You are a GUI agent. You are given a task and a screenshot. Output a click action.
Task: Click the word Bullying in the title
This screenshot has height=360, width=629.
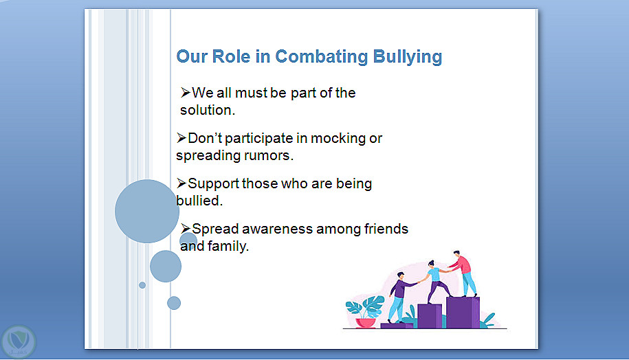coord(407,57)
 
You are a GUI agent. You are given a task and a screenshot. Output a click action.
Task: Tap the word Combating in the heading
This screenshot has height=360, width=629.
coord(321,57)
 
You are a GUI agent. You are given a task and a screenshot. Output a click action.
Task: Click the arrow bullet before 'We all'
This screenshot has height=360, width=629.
coord(186,93)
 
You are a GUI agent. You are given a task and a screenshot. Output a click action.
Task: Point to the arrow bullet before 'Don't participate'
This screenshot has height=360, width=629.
coord(181,138)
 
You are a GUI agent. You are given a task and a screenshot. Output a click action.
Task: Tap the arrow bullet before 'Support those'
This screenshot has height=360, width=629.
coord(181,183)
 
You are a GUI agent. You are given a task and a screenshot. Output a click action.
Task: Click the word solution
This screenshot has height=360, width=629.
coord(208,110)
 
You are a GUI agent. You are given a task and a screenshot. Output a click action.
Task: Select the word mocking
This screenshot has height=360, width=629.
coord(338,138)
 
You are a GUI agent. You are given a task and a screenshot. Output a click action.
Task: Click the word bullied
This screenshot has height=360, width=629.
coord(199,201)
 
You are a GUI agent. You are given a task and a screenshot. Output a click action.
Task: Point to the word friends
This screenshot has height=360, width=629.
coord(386,229)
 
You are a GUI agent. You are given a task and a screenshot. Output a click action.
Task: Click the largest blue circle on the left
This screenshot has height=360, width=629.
coord(147,212)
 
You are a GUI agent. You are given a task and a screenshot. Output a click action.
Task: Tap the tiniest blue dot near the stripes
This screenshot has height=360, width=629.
coord(142,285)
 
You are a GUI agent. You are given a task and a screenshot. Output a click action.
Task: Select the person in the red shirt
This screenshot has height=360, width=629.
coord(463,273)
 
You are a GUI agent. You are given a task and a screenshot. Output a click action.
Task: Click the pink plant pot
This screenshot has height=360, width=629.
coord(366,323)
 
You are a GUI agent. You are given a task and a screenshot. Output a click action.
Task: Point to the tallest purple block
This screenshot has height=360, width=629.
coord(463,313)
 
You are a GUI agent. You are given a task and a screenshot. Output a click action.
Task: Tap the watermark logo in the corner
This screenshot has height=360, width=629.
coord(18,341)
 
